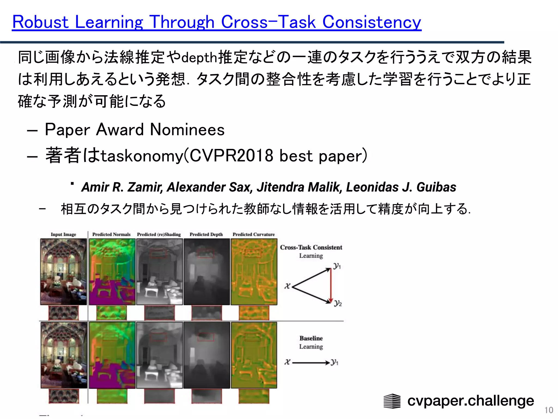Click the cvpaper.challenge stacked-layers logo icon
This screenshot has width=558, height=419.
point(392,401)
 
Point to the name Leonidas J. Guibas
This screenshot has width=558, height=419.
point(401,187)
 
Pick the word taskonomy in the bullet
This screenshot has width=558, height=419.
point(142,156)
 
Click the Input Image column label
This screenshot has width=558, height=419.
point(63,234)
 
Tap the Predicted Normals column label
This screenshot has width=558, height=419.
point(111,234)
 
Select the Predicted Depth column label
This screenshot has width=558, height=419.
point(206,234)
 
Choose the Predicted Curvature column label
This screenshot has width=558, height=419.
point(253,234)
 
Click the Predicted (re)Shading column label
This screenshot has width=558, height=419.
point(159,234)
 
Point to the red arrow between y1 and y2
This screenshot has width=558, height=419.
point(331,285)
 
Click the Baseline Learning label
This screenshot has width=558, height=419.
point(311,342)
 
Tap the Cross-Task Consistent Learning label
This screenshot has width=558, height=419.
point(311,251)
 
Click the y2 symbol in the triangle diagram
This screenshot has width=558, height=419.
point(338,303)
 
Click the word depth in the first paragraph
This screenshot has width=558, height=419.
point(199,58)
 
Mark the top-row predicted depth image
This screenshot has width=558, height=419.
point(207,272)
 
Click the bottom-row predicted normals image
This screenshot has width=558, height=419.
point(112,355)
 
